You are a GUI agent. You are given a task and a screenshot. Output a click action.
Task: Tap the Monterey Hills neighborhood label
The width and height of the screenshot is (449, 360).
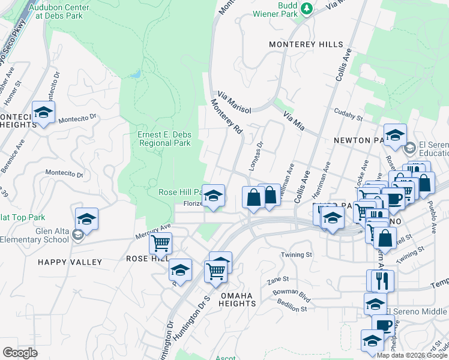306,45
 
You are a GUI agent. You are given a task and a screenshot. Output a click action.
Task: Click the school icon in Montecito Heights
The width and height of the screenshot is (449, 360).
44,112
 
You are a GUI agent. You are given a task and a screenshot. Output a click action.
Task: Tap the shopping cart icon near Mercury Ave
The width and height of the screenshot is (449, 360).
161,244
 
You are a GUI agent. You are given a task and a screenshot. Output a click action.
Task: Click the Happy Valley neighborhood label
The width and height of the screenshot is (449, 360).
70,262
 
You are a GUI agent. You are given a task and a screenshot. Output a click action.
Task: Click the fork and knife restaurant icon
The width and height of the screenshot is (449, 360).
381,280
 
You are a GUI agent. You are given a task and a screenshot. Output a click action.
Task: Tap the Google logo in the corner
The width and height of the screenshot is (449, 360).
20,352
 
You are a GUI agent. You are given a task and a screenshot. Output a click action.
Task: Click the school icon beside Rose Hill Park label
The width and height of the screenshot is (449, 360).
213,196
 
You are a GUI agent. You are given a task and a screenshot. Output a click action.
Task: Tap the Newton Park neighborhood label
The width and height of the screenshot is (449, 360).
358,140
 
